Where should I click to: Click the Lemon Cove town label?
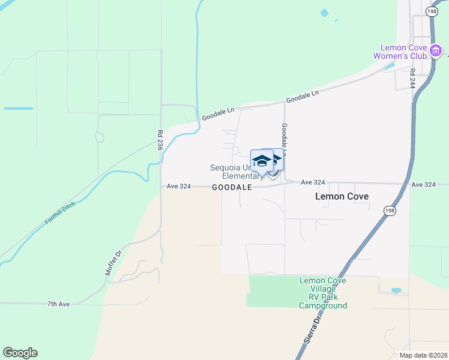(x=342, y=196)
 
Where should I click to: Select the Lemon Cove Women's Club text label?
(x=404, y=52)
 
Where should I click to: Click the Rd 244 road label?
(x=412, y=79)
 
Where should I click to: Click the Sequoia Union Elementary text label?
(x=237, y=172)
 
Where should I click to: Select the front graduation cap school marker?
(x=262, y=161)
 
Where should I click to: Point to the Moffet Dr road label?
(x=113, y=263)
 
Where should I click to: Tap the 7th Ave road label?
(x=59, y=304)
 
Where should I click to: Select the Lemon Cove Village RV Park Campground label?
(x=323, y=293)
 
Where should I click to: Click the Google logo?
(x=20, y=353)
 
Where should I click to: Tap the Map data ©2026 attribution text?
(x=423, y=355)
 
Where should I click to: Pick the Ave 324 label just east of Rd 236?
(x=179, y=187)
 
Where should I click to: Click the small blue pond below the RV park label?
(x=396, y=291)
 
